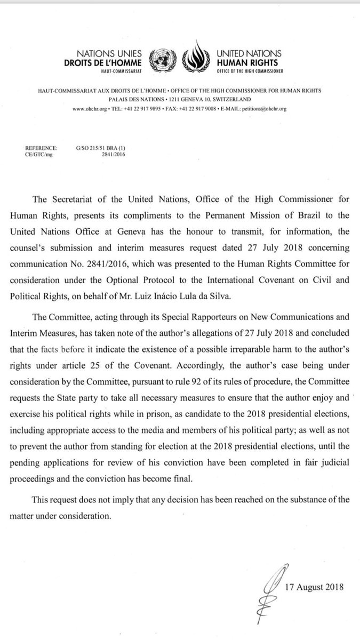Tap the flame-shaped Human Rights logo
(x=196, y=58)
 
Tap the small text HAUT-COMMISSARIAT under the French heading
(x=120, y=70)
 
